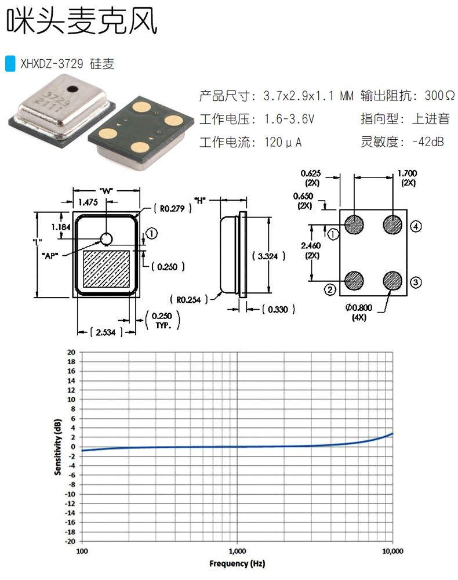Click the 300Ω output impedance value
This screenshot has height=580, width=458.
439,95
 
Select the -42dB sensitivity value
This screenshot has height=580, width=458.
427,142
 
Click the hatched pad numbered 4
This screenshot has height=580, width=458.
393,224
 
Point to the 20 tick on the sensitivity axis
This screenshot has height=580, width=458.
71,352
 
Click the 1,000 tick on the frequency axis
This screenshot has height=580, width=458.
237,550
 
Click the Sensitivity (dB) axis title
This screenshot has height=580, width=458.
58,447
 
